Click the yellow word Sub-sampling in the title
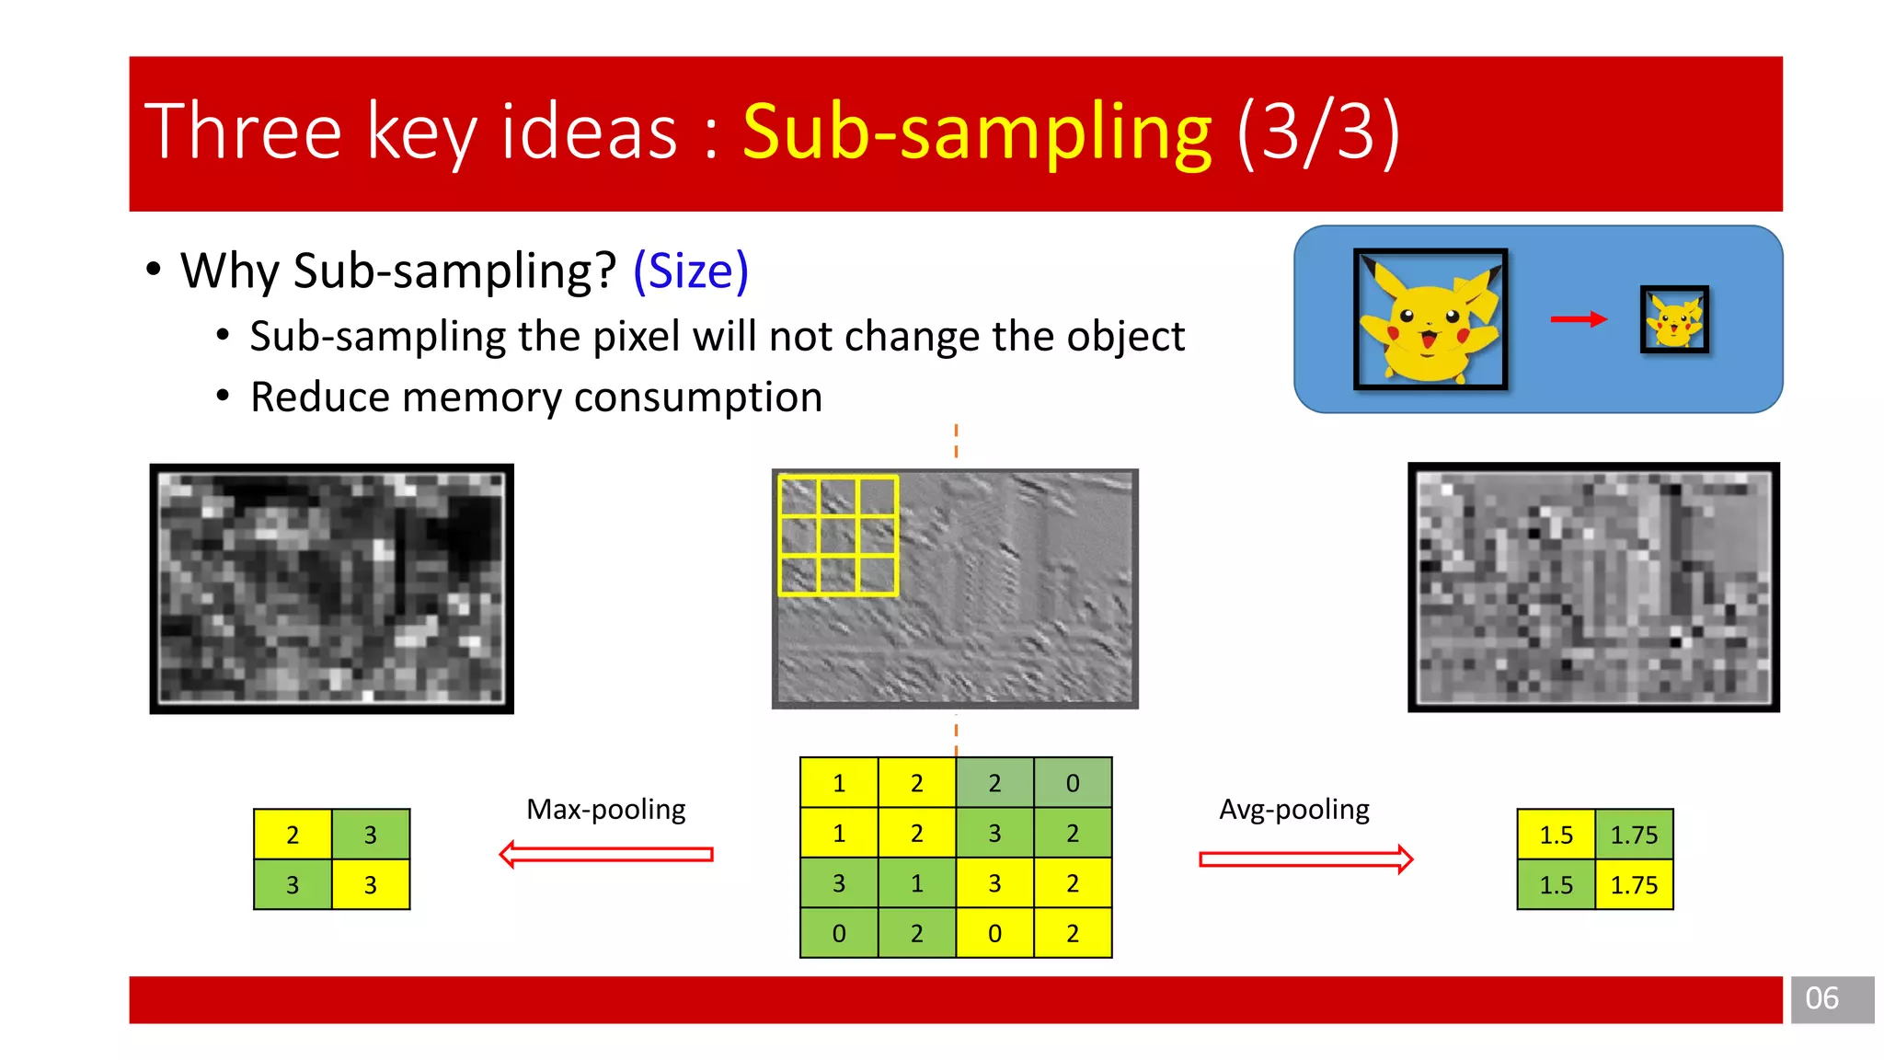[977, 133]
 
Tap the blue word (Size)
[691, 271]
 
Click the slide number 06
[1821, 998]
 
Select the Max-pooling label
[605, 810]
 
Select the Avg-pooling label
[1293, 810]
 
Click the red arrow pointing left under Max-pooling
[606, 855]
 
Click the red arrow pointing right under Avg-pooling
[1305, 859]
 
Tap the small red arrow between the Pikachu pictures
[1578, 319]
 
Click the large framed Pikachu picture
[1430, 319]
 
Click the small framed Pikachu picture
[1674, 319]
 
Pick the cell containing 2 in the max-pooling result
[293, 835]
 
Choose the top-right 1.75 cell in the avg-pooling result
[1634, 835]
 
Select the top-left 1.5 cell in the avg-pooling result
[1556, 835]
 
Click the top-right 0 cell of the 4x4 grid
[1073, 783]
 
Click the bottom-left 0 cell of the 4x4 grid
[839, 933]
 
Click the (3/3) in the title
[1318, 133]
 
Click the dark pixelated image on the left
[332, 589]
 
